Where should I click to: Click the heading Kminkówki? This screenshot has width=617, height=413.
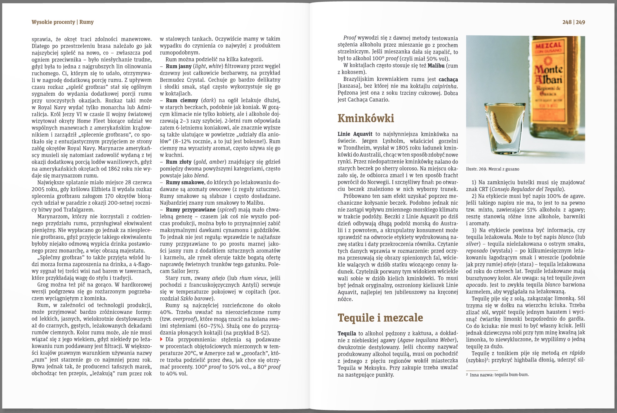point(366,118)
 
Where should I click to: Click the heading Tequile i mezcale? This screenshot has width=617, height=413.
point(380,318)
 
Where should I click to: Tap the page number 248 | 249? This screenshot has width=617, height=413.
point(573,22)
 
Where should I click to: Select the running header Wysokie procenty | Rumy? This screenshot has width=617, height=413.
point(62,22)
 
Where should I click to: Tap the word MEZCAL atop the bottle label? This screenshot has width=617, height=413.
point(548,46)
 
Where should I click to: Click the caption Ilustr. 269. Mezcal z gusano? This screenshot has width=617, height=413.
point(492,169)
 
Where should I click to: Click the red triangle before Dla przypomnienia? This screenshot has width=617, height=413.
point(162,339)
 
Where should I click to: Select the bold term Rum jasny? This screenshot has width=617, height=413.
point(178,66)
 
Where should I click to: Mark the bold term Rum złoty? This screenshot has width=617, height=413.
point(178,162)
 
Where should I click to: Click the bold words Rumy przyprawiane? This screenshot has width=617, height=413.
point(191,210)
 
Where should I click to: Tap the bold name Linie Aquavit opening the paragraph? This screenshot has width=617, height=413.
point(355,134)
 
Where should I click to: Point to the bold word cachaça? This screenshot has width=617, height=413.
point(448,79)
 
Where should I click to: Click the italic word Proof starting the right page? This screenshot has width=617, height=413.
point(349,38)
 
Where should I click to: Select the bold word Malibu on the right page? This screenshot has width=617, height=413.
point(436,65)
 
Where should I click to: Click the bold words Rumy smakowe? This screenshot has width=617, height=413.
point(185,182)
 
